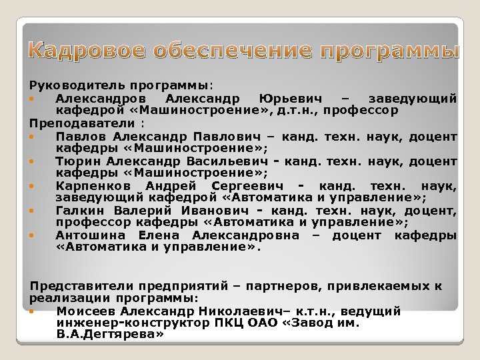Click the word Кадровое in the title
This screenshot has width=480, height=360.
[85, 50]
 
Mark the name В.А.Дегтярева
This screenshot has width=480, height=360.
[109, 335]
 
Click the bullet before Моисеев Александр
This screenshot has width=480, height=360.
[32, 311]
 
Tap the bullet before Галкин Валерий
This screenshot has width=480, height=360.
[32, 211]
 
